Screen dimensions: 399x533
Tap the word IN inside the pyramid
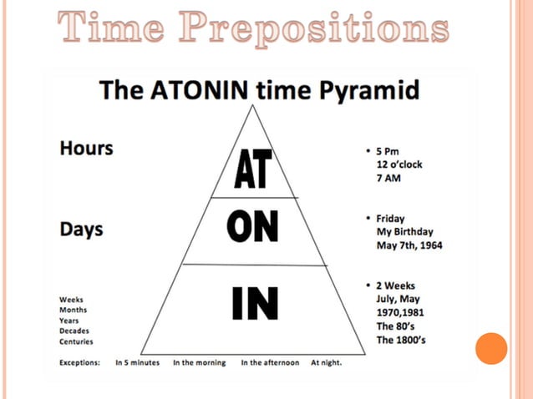click(x=254, y=303)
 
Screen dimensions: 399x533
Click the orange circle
click(x=491, y=348)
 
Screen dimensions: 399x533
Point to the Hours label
click(x=86, y=149)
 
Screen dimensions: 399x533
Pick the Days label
click(x=82, y=228)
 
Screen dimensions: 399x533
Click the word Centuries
click(x=76, y=341)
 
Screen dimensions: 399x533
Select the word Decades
click(x=75, y=331)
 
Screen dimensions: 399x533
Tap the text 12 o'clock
click(x=399, y=164)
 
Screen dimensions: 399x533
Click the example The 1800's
click(x=403, y=340)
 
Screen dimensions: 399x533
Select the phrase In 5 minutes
click(x=138, y=363)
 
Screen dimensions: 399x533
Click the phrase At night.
click(x=327, y=363)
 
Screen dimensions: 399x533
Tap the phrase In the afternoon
click(x=270, y=363)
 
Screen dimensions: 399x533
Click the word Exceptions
click(x=79, y=363)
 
